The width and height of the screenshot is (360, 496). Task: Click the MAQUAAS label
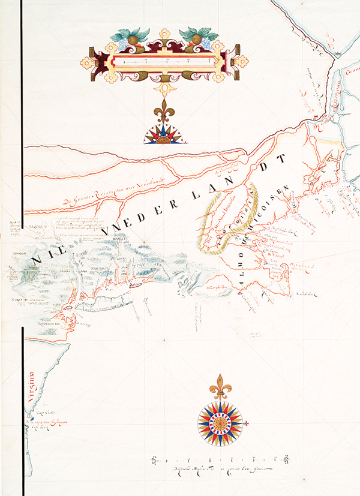pyautogui.click(x=37, y=227)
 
